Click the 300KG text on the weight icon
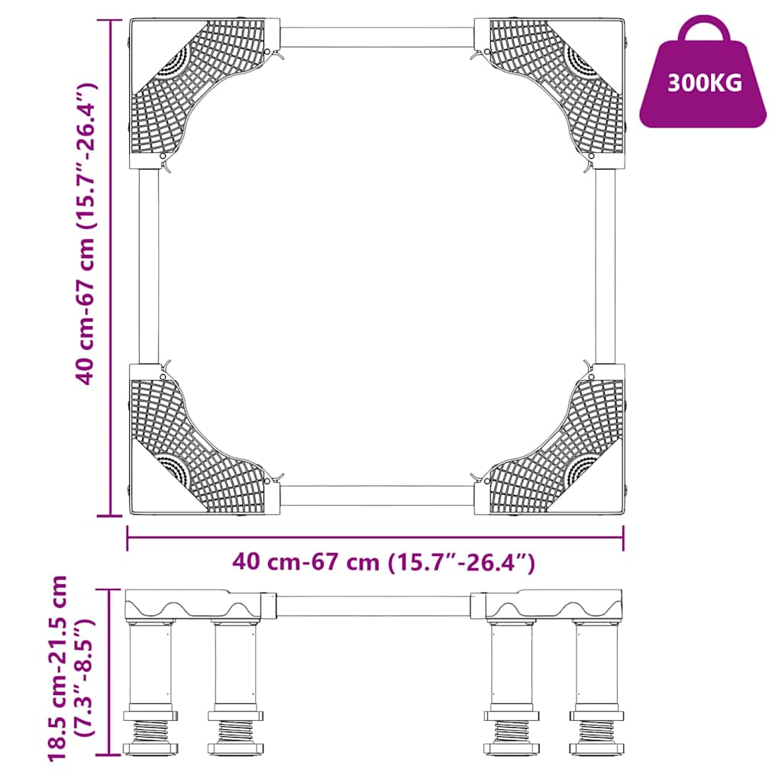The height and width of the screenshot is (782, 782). [704, 83]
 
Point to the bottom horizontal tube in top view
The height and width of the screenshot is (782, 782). [377, 495]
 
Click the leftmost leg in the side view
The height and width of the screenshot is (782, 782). [150, 664]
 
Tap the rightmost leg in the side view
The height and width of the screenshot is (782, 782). [597, 664]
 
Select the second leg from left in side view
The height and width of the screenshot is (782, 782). [236, 664]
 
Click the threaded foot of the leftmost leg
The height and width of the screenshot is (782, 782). [150, 732]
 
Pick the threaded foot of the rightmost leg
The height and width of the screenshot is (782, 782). [597, 732]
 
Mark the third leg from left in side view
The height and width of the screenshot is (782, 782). [512, 664]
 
